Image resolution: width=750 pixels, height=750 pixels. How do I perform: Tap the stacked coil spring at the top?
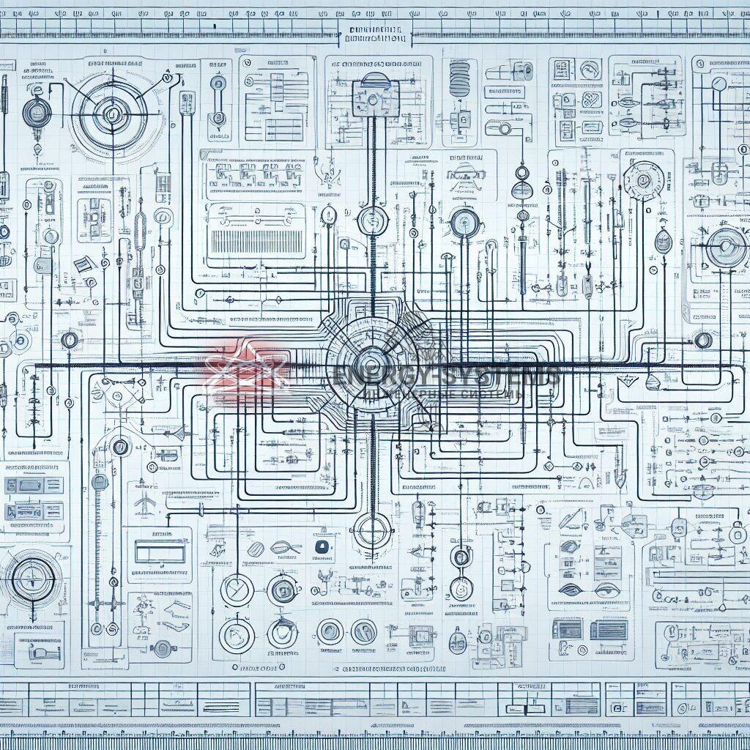tap(459, 76)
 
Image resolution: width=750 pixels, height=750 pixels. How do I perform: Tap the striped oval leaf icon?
tap(256, 548)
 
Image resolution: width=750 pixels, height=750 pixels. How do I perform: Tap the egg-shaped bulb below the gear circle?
tap(663, 242)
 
